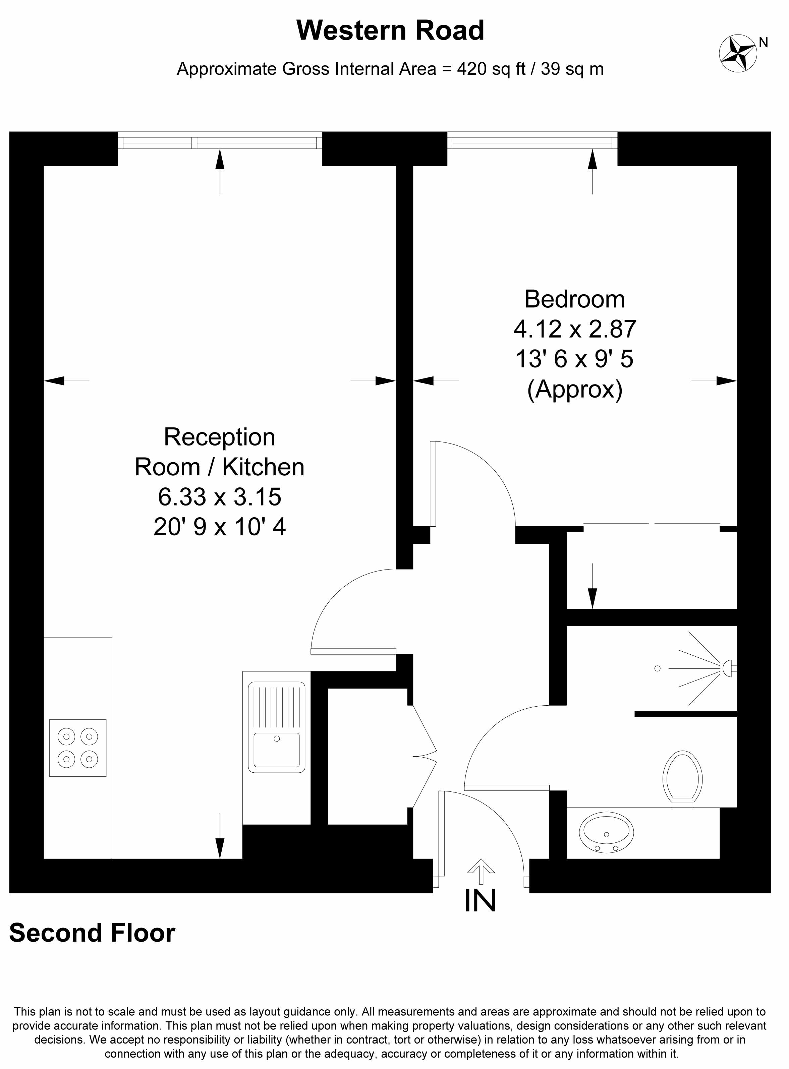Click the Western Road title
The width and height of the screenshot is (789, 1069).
[x=390, y=30]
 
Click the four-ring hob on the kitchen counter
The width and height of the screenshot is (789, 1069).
[x=78, y=748]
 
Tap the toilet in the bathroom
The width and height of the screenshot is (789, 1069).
[x=682, y=779]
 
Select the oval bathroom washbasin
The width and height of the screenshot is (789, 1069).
[x=607, y=833]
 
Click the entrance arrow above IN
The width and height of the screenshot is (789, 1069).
[x=481, y=871]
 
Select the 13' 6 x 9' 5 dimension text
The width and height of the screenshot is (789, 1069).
[x=574, y=359]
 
